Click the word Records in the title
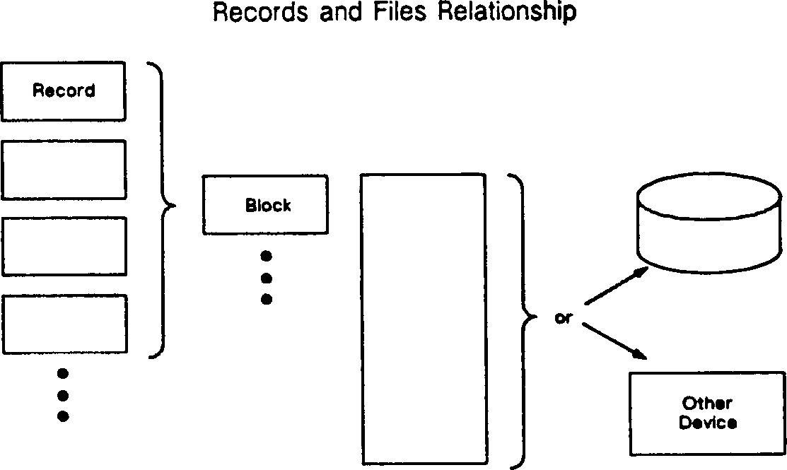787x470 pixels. [x=261, y=12]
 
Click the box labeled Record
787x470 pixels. [x=64, y=91]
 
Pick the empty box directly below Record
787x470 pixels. [x=64, y=170]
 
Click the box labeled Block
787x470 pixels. [x=265, y=205]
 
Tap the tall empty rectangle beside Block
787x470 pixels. [x=424, y=319]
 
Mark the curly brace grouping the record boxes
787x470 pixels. [x=163, y=208]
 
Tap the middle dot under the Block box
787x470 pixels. [x=267, y=278]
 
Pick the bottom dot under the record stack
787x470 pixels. [x=64, y=416]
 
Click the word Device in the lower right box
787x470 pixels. [x=707, y=423]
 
